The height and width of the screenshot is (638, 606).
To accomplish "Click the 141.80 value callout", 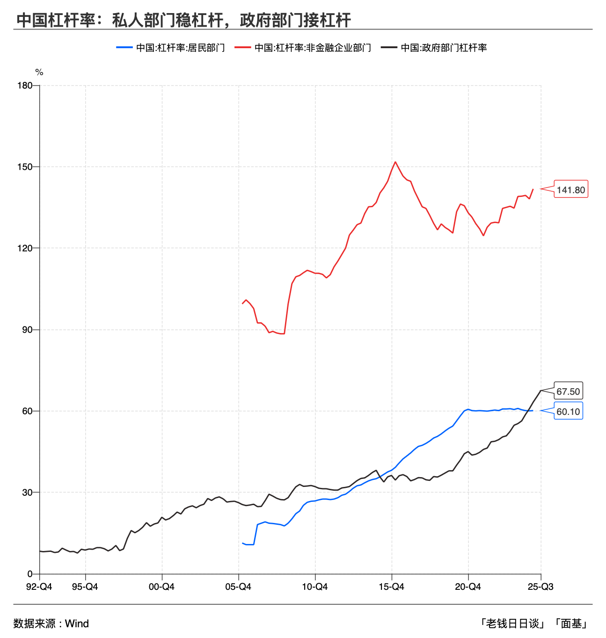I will pyautogui.click(x=570, y=189).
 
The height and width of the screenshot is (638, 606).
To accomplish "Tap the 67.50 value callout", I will pyautogui.click(x=568, y=391).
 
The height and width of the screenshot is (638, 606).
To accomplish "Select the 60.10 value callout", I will pyautogui.click(x=568, y=412).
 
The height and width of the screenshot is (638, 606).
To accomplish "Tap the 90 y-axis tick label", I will pyautogui.click(x=28, y=330).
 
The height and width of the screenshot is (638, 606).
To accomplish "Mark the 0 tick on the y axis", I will pyautogui.click(x=30, y=574).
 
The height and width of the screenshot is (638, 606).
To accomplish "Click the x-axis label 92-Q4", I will pyautogui.click(x=39, y=587).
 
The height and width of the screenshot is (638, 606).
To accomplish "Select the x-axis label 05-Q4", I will pyautogui.click(x=238, y=587).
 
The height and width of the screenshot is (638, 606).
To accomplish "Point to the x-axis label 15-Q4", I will pyautogui.click(x=391, y=587).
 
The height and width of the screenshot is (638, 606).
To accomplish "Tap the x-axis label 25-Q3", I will pyautogui.click(x=540, y=587).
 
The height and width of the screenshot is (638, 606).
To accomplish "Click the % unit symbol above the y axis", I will pyautogui.click(x=39, y=72).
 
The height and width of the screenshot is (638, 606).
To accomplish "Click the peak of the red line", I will pyautogui.click(x=395, y=162).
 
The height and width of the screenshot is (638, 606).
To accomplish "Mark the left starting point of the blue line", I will pyautogui.click(x=242, y=543).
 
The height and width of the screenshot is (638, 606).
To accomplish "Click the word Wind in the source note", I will pyautogui.click(x=77, y=623).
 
